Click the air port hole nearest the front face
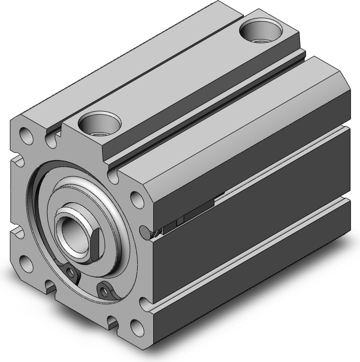(102, 122)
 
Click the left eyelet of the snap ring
(73, 273)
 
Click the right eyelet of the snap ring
(105, 289)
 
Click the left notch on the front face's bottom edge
(50, 286)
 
